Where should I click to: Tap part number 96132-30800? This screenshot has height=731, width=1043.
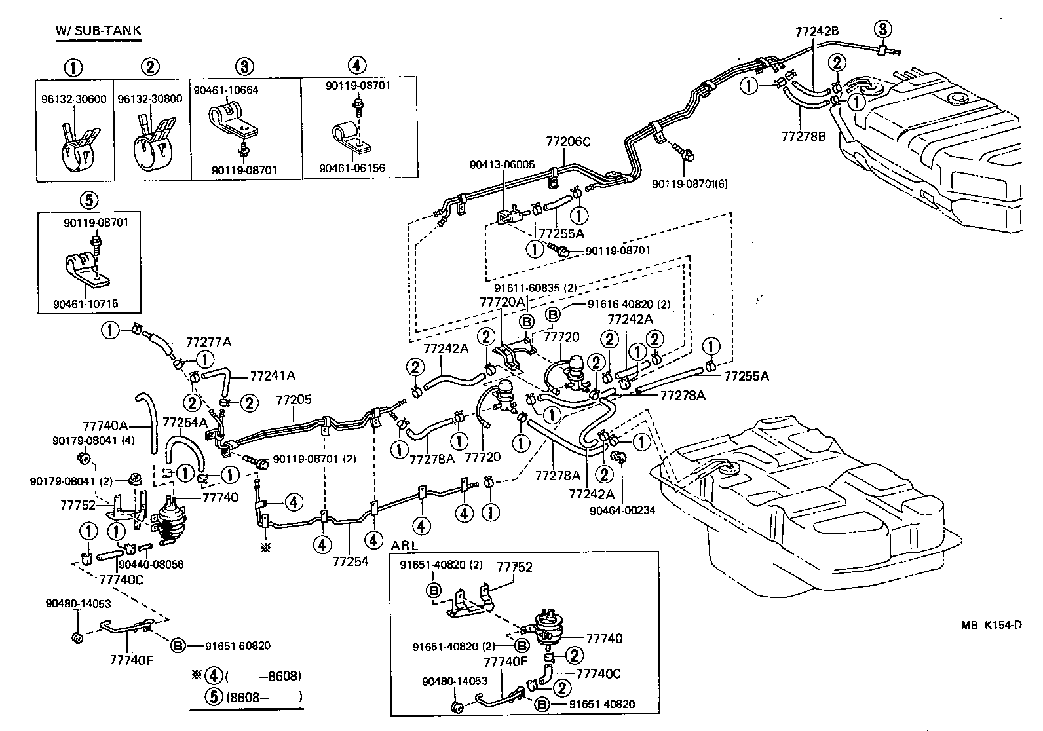pyautogui.click(x=151, y=98)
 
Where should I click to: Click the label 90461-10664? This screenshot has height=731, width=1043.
pyautogui.click(x=225, y=89)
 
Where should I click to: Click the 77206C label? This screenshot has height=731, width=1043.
pyautogui.click(x=569, y=141)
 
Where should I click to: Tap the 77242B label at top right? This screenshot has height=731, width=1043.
pyautogui.click(x=817, y=31)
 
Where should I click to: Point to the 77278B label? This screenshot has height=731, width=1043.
pyautogui.click(x=803, y=136)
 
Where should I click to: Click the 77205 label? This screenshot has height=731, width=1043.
pyautogui.click(x=294, y=400)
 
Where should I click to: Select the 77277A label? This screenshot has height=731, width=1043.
pyautogui.click(x=208, y=342)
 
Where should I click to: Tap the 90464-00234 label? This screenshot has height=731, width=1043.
pyautogui.click(x=622, y=510)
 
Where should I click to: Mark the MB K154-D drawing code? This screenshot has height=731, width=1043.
pyautogui.click(x=991, y=625)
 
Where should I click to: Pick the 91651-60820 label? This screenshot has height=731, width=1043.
pyautogui.click(x=240, y=645)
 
